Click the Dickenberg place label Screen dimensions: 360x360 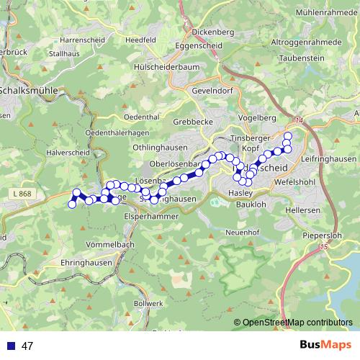(x=214, y=32)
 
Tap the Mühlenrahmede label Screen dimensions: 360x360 (x=325, y=12)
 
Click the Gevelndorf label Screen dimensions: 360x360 (x=215, y=91)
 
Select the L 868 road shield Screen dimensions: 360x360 (x=22, y=195)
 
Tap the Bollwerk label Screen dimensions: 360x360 (x=148, y=304)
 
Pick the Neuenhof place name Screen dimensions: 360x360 (x=241, y=233)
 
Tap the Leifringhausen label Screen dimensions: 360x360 (x=330, y=158)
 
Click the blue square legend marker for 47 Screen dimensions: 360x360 (x=10, y=346)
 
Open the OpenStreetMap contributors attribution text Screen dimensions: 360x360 (x=297, y=323)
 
